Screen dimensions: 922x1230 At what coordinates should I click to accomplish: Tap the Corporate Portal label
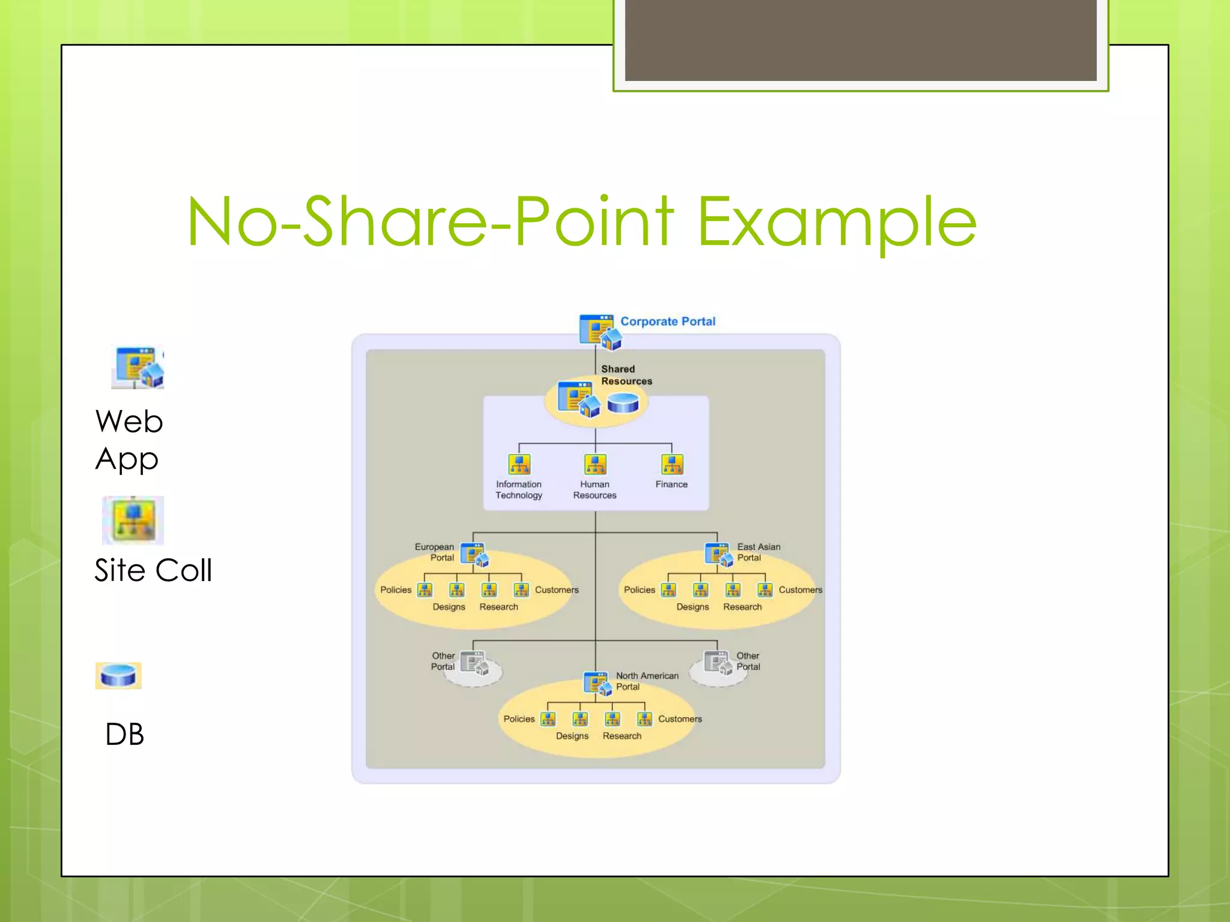point(667,321)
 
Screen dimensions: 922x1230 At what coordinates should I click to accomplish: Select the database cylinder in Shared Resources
point(623,403)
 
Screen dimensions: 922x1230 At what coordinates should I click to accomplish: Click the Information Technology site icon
point(520,464)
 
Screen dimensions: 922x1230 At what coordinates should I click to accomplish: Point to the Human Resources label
point(595,489)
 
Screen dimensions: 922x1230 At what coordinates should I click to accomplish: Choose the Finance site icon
point(671,464)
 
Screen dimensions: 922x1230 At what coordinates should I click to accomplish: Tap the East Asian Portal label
point(758,552)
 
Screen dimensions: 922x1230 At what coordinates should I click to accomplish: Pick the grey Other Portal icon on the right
point(718,663)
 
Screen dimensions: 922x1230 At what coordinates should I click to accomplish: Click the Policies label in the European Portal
point(396,589)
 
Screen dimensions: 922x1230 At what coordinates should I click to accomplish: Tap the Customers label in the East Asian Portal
point(800,589)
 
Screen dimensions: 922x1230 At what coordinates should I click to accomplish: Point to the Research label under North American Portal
point(622,736)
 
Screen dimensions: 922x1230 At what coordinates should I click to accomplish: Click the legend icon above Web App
point(138,367)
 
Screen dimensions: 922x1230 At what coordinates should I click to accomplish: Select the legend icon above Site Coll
point(133,520)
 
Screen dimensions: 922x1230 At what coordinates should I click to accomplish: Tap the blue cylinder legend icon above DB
point(118,675)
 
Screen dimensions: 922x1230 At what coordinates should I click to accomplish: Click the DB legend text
point(125,734)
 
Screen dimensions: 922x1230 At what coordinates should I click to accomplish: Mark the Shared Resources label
point(626,375)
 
